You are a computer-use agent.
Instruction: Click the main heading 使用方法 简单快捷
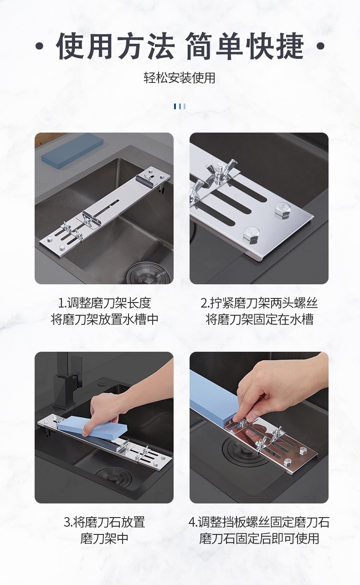[180, 46]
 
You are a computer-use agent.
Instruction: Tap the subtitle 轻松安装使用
[180, 78]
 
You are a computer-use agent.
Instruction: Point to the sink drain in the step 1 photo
[149, 273]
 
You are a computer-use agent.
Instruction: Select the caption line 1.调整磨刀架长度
[104, 303]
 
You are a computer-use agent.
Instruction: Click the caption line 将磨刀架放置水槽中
[104, 319]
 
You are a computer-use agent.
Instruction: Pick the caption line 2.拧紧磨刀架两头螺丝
[259, 303]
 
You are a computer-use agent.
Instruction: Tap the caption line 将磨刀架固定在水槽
[259, 319]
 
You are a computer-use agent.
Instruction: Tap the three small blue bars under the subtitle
[180, 106]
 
